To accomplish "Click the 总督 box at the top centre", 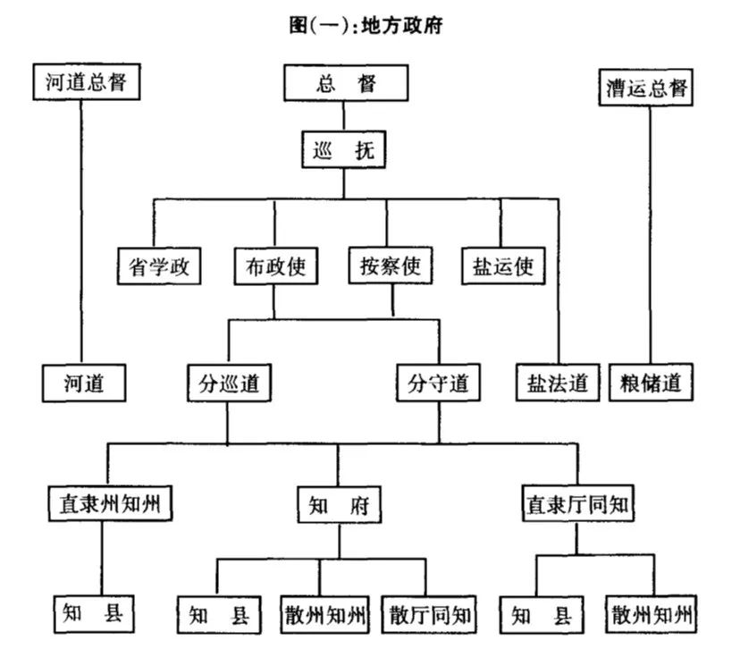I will point(346,85).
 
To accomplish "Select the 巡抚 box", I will point(343,150).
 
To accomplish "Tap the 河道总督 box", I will point(85,83).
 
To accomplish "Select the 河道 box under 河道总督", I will point(84,384).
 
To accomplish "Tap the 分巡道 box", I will point(229,384).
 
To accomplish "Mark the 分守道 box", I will point(438,384).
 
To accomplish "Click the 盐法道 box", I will point(558,384).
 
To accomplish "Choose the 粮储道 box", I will point(652,384).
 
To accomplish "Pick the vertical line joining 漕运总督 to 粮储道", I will point(650,232).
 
